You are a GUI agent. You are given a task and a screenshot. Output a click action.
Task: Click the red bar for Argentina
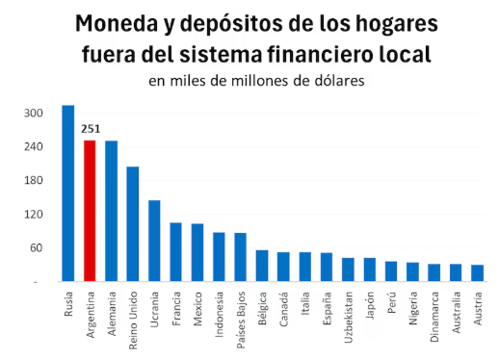(x=90, y=211)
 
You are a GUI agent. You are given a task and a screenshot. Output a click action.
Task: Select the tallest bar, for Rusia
(x=68, y=193)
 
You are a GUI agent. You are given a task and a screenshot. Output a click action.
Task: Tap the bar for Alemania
(x=111, y=211)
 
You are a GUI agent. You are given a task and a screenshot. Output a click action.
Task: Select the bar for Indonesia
(x=219, y=256)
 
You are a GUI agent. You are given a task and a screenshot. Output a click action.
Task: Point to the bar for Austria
(x=477, y=272)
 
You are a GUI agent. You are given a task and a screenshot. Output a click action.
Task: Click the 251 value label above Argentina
(x=91, y=128)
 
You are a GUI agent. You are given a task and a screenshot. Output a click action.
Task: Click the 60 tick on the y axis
(x=36, y=247)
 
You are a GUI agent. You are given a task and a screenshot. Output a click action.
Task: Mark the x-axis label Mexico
(x=197, y=307)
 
